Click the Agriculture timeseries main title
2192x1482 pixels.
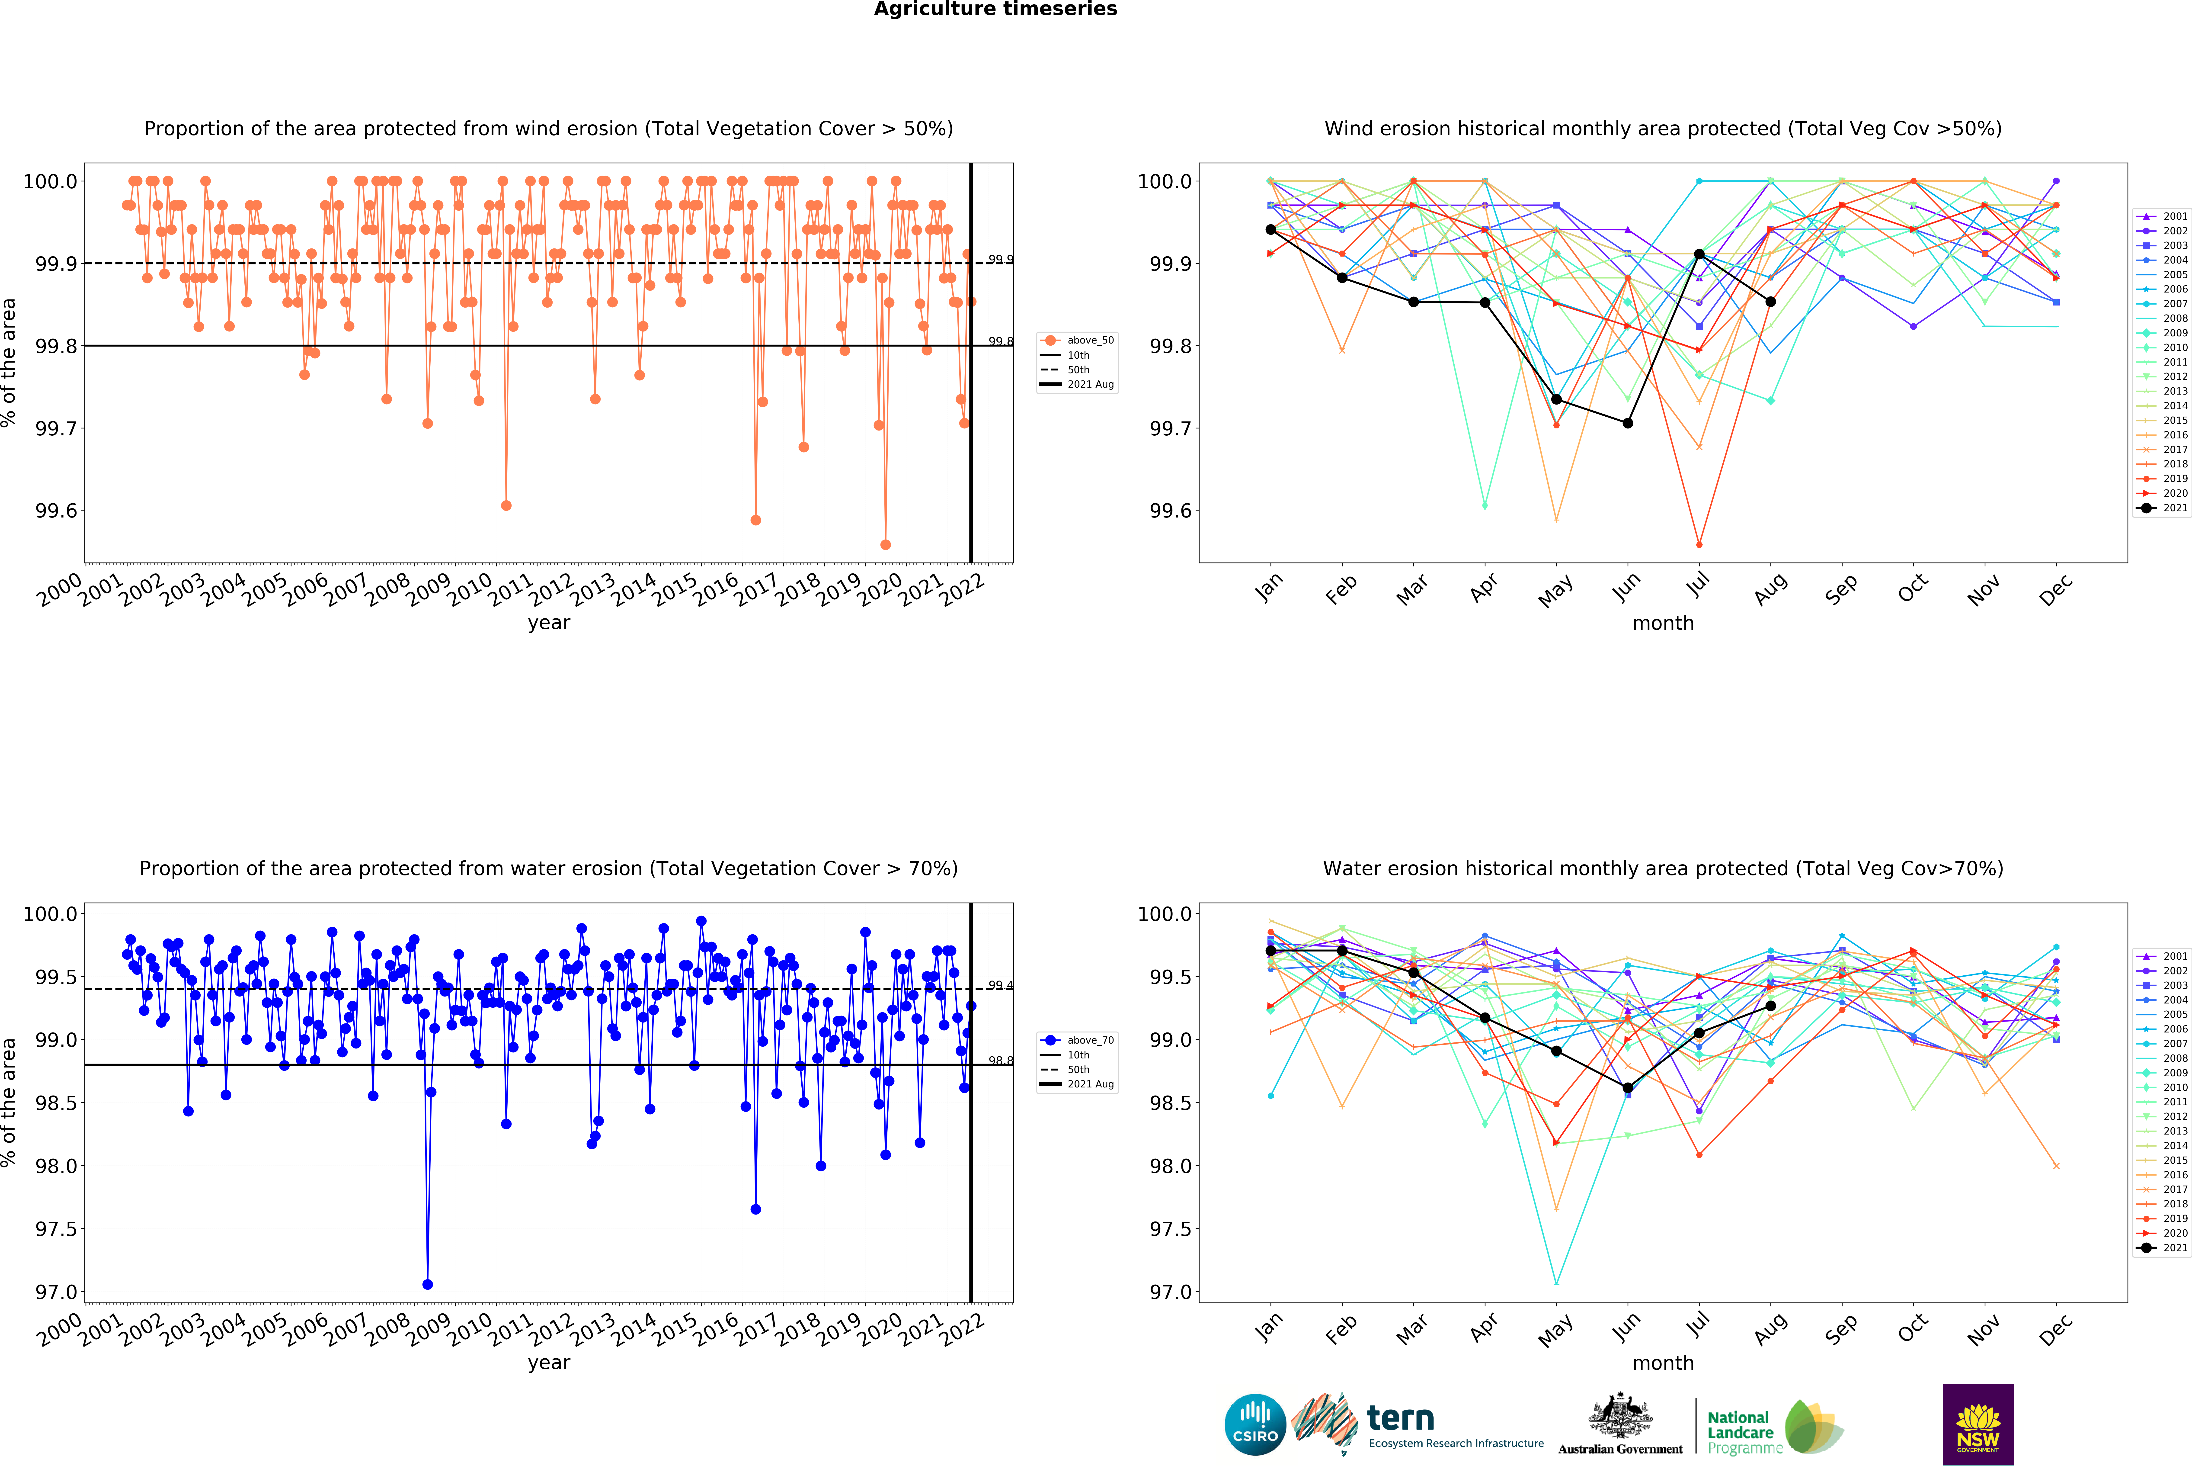coord(995,10)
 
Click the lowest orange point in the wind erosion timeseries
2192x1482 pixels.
coord(885,544)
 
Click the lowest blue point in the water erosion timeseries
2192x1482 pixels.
coord(427,1284)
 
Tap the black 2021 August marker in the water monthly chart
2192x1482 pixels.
coord(1770,1006)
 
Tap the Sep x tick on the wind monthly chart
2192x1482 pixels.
coord(1839,589)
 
